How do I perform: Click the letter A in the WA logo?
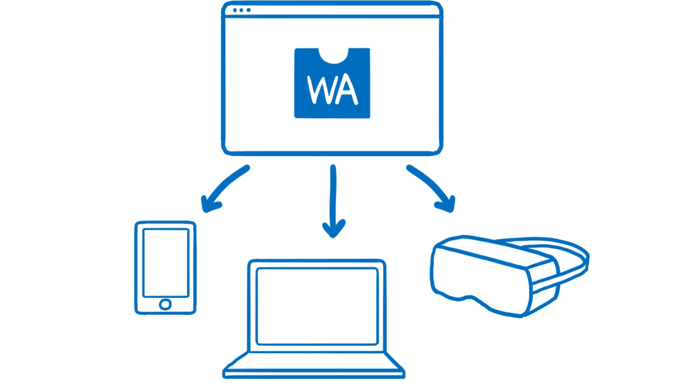pyautogui.click(x=346, y=90)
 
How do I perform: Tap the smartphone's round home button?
pyautogui.click(x=165, y=304)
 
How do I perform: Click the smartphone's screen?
pyautogui.click(x=166, y=262)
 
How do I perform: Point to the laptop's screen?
pyautogui.click(x=317, y=306)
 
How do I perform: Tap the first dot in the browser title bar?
pyautogui.click(x=235, y=10)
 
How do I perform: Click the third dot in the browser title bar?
pyautogui.click(x=249, y=10)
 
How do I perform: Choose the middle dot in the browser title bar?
pyautogui.click(x=242, y=10)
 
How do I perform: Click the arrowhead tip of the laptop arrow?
pyautogui.click(x=333, y=234)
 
